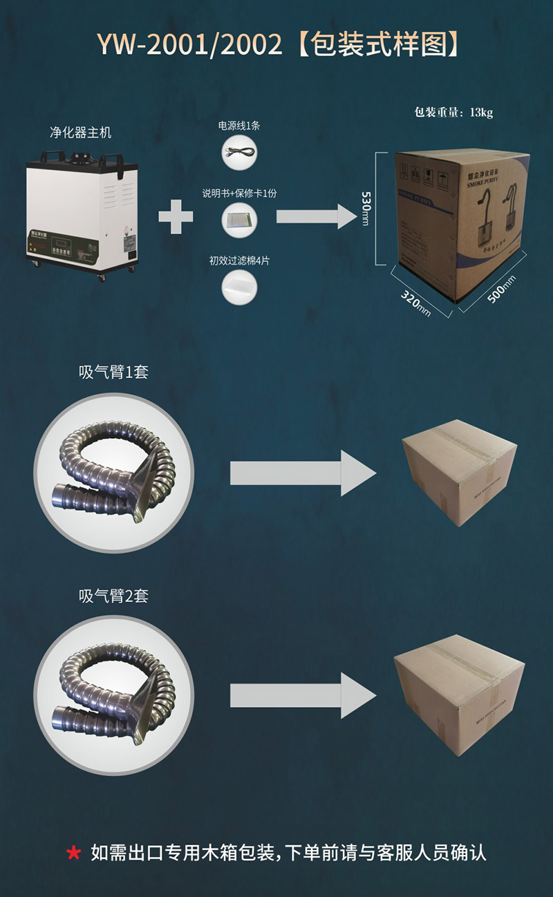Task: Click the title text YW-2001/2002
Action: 189,45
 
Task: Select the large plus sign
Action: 176,216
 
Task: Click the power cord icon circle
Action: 238,152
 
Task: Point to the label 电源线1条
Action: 238,126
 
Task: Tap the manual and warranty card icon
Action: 238,220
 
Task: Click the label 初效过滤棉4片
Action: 238,261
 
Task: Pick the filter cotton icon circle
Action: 238,287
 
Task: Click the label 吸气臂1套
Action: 113,372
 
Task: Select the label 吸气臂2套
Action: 113,596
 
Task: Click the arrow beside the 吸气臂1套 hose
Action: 302,473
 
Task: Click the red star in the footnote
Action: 73,853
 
